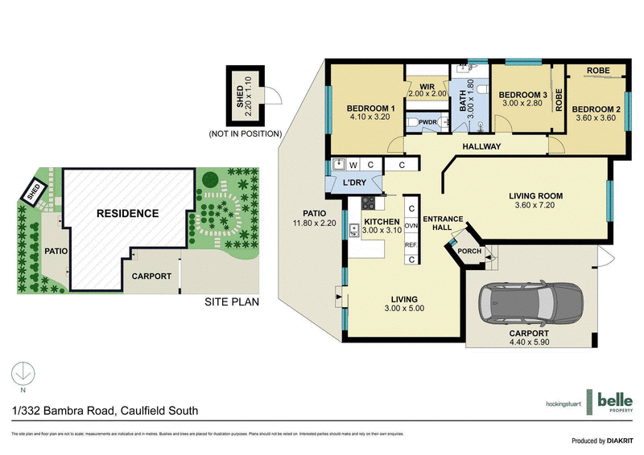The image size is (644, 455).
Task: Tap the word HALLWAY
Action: [x=482, y=147]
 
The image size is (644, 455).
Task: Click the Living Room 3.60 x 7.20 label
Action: [x=535, y=200]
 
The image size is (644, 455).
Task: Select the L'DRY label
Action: [x=355, y=184]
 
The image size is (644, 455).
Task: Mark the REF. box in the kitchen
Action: [x=411, y=245]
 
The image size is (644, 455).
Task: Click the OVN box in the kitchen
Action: [x=411, y=227]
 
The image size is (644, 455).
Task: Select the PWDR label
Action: [x=427, y=122]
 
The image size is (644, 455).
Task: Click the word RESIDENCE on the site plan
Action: [x=128, y=213]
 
